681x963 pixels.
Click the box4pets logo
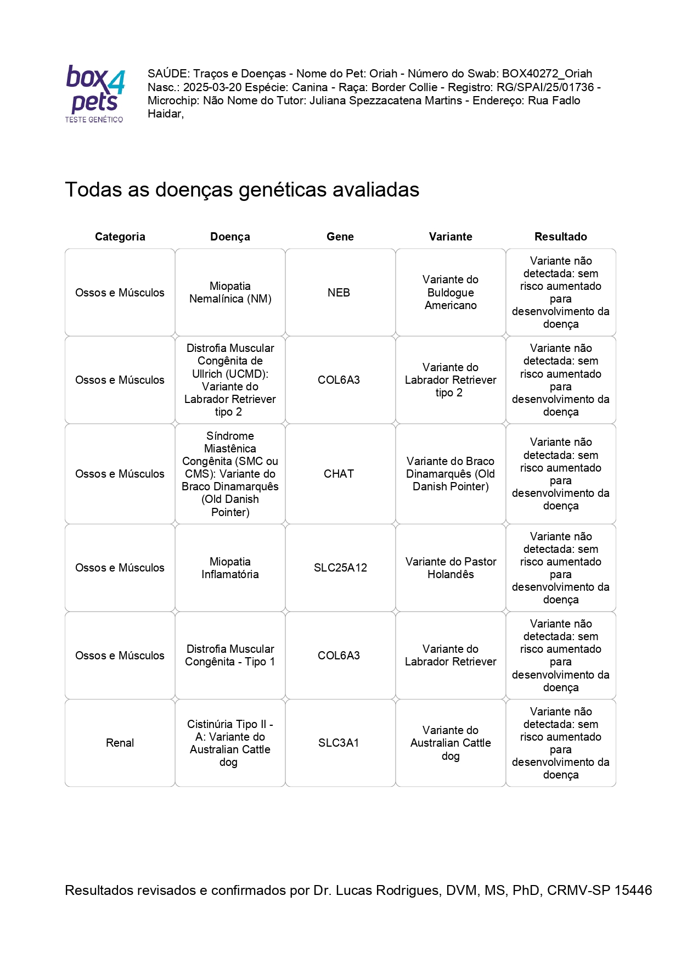pos(95,93)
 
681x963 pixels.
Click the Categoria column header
pos(120,237)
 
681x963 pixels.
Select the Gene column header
pos(340,237)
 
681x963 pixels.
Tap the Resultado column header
pos(560,237)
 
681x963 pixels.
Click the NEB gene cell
pos(339,293)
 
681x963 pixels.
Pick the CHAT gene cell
pos(339,474)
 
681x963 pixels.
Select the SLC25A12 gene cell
pos(340,568)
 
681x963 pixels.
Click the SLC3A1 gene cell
pos(339,743)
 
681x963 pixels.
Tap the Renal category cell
pos(120,743)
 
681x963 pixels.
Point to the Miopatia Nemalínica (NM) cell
pos(230,293)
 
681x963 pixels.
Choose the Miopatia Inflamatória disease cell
pos(230,568)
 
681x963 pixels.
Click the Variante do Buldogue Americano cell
pos(451,293)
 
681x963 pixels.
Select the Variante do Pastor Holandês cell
pos(451,568)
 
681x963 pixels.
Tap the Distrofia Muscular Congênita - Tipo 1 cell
pos(230,656)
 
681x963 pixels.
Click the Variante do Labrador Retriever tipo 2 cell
pos(451,380)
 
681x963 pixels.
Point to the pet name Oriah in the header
pos(383,74)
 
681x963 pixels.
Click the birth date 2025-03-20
pos(212,87)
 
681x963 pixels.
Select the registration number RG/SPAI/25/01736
pos(545,87)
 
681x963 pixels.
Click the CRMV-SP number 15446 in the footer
pos(633,890)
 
